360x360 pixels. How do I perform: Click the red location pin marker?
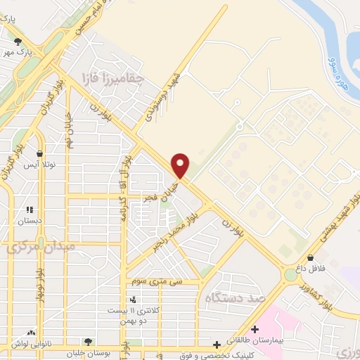pyautogui.click(x=181, y=165)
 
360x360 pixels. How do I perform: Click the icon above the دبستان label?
pyautogui.click(x=30, y=210)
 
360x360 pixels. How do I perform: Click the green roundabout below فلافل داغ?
pyautogui.click(x=290, y=275)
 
